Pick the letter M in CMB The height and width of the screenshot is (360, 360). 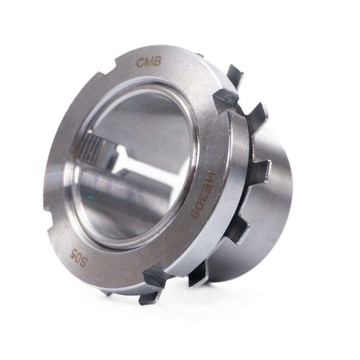click(x=148, y=62)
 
